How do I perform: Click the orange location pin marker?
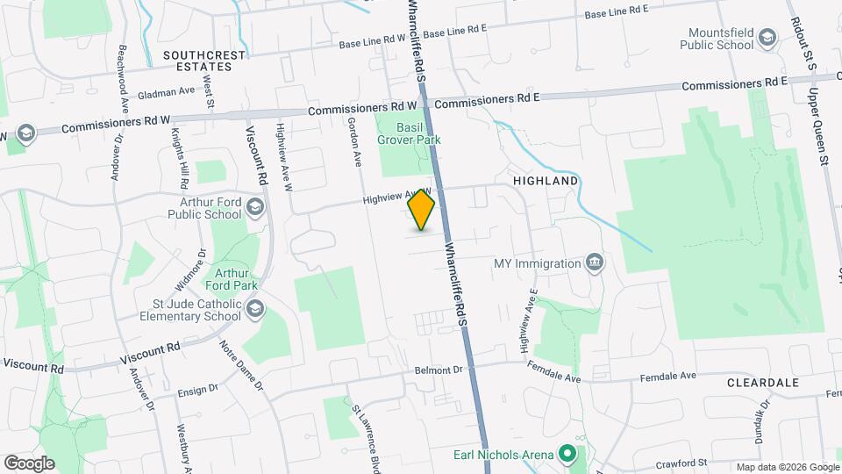point(422,211)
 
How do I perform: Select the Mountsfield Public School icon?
point(768,37)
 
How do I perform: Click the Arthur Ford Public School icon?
point(255,207)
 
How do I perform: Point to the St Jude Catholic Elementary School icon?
point(255,308)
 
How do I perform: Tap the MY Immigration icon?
point(595,262)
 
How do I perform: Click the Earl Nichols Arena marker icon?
point(567,454)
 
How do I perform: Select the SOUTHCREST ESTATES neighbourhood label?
point(203,60)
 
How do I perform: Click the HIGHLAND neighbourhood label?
point(546,181)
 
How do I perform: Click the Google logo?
point(29,463)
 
